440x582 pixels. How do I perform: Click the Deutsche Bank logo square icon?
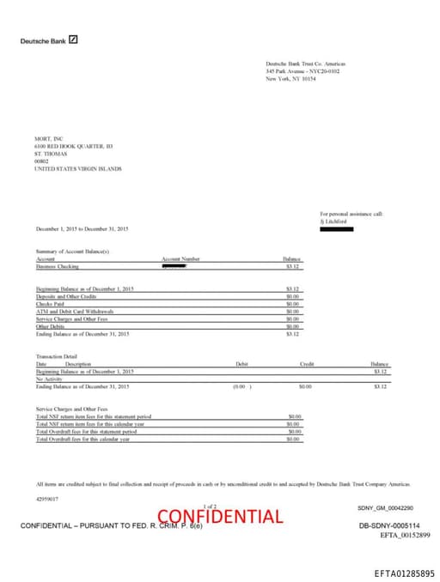73,39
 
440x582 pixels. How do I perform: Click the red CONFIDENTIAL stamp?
220,516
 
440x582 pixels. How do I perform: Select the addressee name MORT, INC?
49,139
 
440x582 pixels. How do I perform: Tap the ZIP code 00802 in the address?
42,161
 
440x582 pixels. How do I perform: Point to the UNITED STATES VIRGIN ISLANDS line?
78,169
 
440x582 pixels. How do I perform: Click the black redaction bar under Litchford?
336,229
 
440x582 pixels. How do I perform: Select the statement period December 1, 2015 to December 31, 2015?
82,229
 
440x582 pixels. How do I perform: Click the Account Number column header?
180,258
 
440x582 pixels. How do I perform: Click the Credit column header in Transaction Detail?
306,364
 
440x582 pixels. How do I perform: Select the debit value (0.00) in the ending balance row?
243,387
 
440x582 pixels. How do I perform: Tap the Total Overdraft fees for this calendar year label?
82,439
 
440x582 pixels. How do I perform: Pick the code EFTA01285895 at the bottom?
405,573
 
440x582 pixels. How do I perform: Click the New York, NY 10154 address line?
290,78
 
